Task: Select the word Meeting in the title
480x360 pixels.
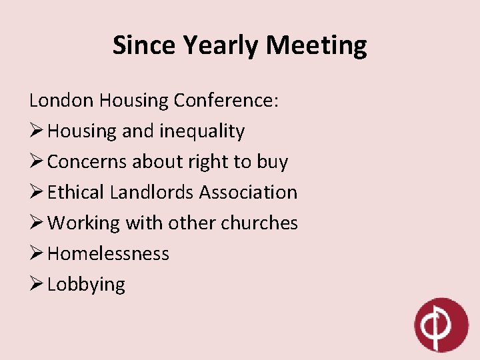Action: (x=317, y=45)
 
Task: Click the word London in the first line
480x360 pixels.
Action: (x=61, y=101)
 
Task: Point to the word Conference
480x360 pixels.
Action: (x=227, y=101)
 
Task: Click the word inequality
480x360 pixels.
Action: (x=202, y=131)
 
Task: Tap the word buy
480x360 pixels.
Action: (x=273, y=162)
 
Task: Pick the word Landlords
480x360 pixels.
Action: (x=152, y=193)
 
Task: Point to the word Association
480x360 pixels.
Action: (x=248, y=193)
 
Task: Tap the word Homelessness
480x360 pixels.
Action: (x=109, y=254)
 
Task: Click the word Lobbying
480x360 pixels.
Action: (x=86, y=285)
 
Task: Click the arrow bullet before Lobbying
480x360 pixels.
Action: (x=36, y=285)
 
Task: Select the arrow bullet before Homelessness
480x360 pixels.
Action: (x=36, y=254)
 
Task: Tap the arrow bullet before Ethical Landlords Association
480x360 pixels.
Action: (x=36, y=193)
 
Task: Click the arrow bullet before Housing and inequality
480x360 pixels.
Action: (x=36, y=131)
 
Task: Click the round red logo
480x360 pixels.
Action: (x=441, y=325)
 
